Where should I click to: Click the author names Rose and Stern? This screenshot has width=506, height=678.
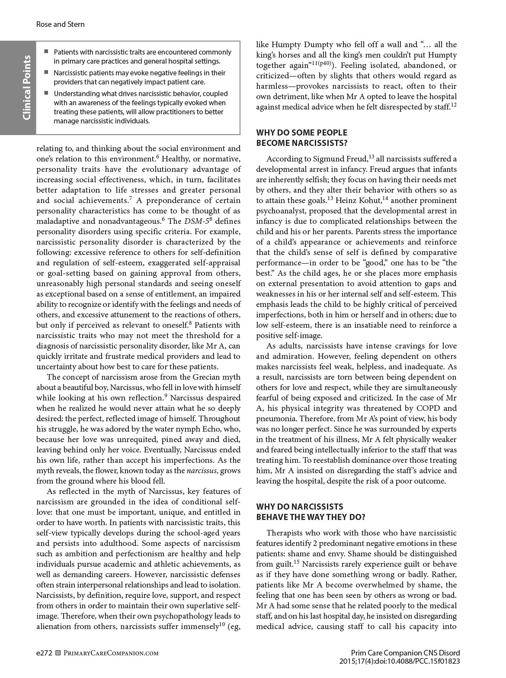coord(60,24)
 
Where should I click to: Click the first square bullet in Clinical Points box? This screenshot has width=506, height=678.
coord(46,52)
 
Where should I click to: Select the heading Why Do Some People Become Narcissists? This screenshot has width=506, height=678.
coord(301,138)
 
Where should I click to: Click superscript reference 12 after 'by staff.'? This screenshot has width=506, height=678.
coord(453,105)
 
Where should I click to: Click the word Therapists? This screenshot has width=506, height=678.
coord(286,533)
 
